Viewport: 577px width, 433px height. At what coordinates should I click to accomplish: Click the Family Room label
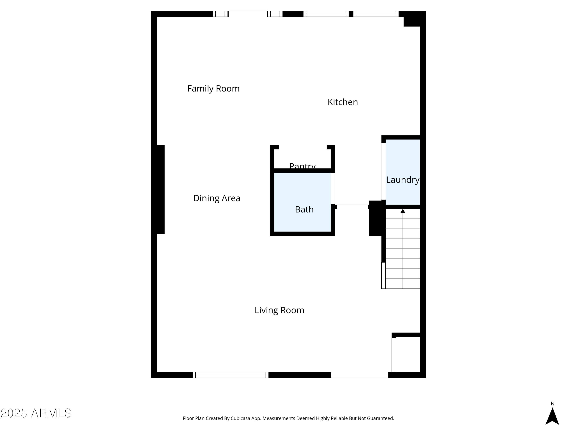click(213, 89)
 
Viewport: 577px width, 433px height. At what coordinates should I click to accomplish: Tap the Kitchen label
click(343, 102)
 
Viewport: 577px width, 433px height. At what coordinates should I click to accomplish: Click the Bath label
click(304, 209)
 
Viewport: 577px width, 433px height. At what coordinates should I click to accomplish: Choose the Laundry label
click(403, 180)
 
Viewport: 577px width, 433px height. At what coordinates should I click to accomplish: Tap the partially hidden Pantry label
click(302, 166)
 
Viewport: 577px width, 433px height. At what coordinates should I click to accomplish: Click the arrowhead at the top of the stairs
click(403, 211)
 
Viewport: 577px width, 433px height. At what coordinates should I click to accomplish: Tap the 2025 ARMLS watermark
click(36, 413)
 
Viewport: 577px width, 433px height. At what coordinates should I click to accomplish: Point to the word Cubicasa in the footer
click(240, 418)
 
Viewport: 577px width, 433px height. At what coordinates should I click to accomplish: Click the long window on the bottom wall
click(230, 375)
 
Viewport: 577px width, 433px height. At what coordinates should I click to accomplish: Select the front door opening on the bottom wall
click(359, 375)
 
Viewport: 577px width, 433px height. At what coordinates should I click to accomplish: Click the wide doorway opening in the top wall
click(248, 14)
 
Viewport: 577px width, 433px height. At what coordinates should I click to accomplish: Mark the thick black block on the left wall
click(158, 190)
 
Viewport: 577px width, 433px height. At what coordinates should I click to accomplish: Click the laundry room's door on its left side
click(384, 171)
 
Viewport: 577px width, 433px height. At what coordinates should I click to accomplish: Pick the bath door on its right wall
click(333, 188)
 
